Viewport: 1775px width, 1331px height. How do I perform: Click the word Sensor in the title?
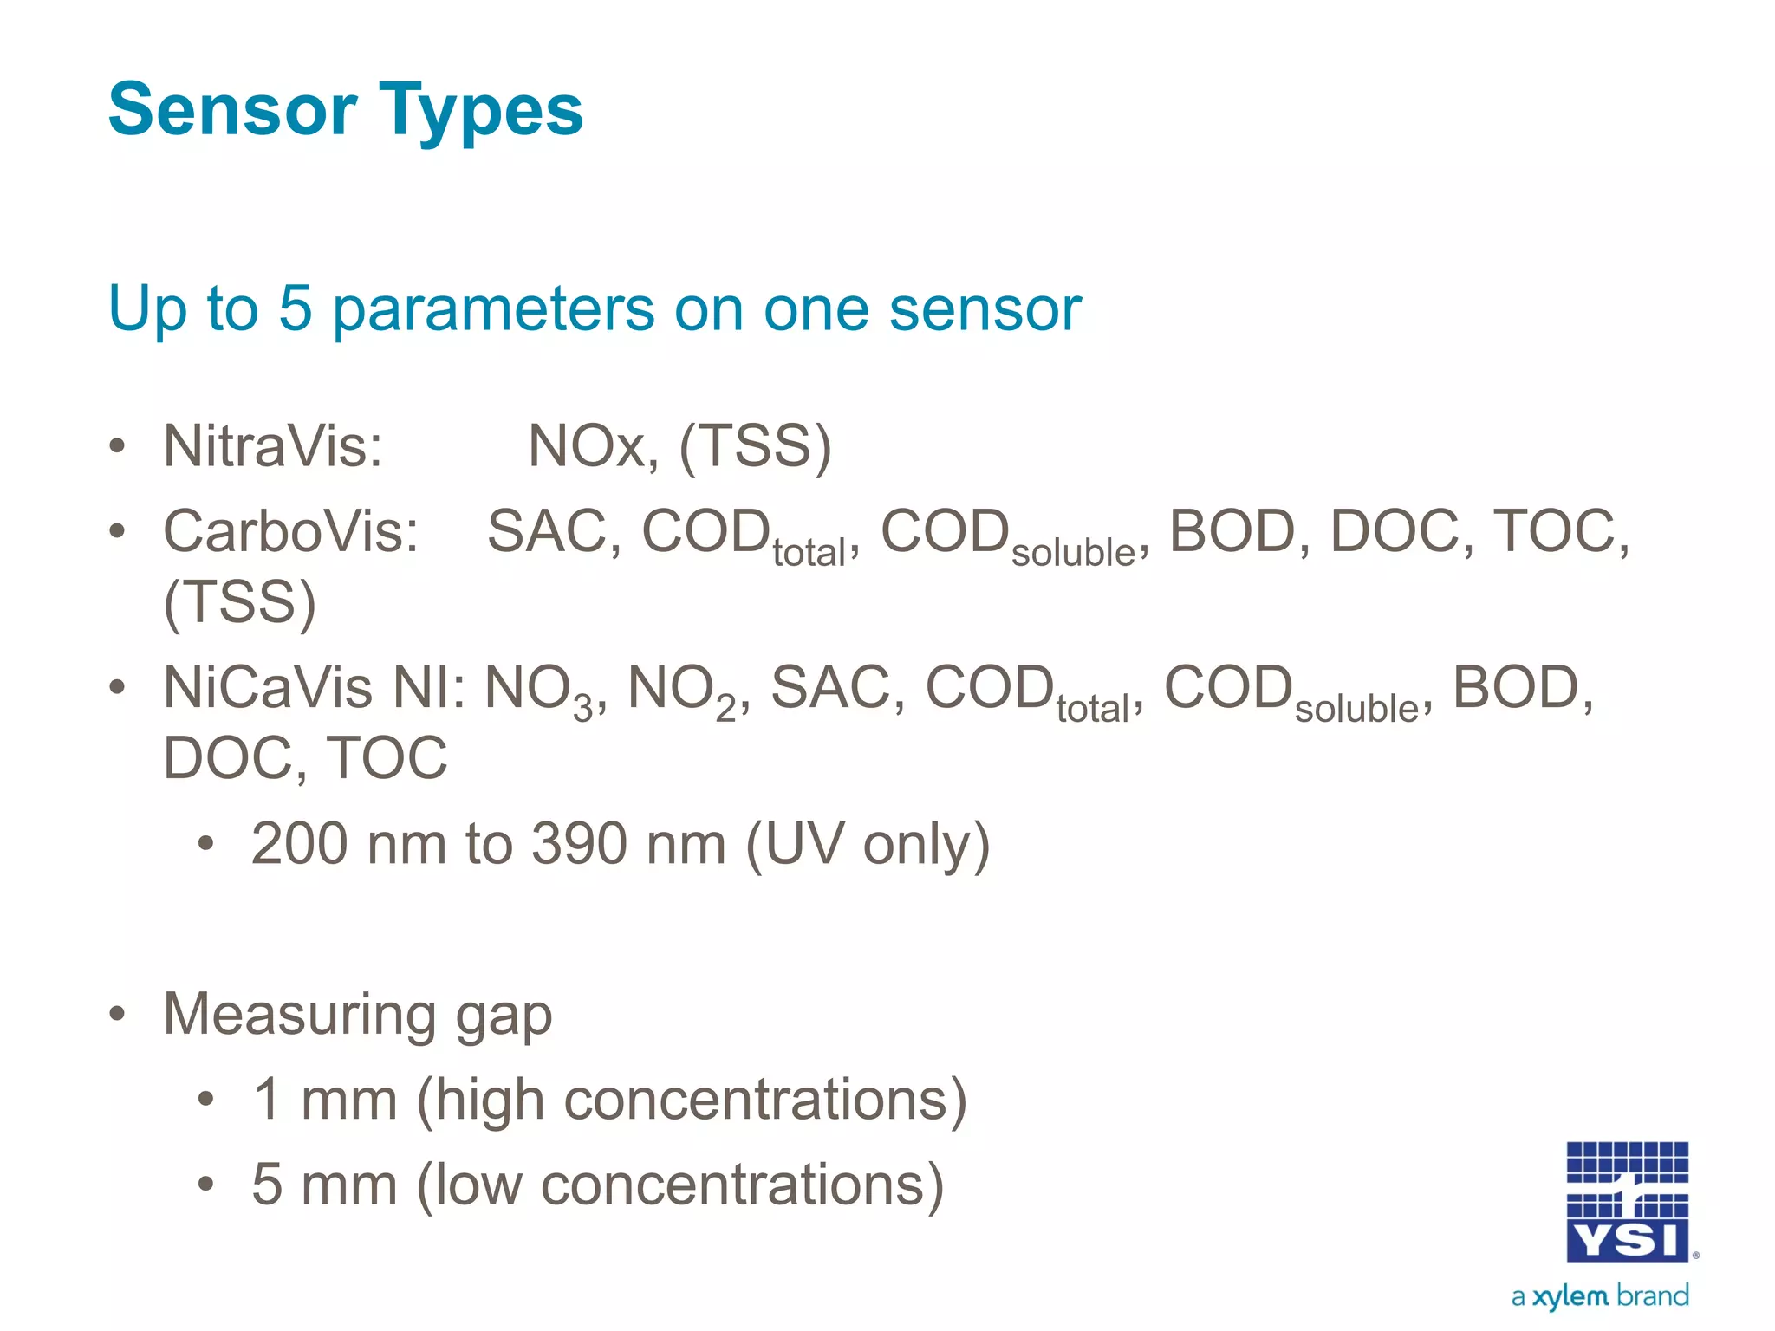click(x=232, y=110)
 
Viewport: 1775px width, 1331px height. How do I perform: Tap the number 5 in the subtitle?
click(x=295, y=308)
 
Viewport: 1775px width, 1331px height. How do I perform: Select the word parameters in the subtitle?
click(x=493, y=310)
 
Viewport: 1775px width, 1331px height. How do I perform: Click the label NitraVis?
click(x=273, y=446)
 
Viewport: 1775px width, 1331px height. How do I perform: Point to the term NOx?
click(x=588, y=446)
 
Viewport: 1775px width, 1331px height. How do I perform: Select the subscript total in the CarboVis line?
click(x=809, y=553)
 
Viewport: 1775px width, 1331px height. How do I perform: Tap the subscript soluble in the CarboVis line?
click(x=1073, y=553)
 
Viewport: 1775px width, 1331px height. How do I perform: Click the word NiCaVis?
click(x=268, y=687)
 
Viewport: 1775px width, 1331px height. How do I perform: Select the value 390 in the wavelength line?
click(x=579, y=843)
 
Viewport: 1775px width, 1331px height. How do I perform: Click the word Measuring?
click(x=299, y=1014)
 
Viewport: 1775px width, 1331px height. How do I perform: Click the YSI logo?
click(x=1627, y=1202)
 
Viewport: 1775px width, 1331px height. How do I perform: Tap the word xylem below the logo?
click(x=1570, y=1296)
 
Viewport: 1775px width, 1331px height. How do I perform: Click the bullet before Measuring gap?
click(x=118, y=1013)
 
